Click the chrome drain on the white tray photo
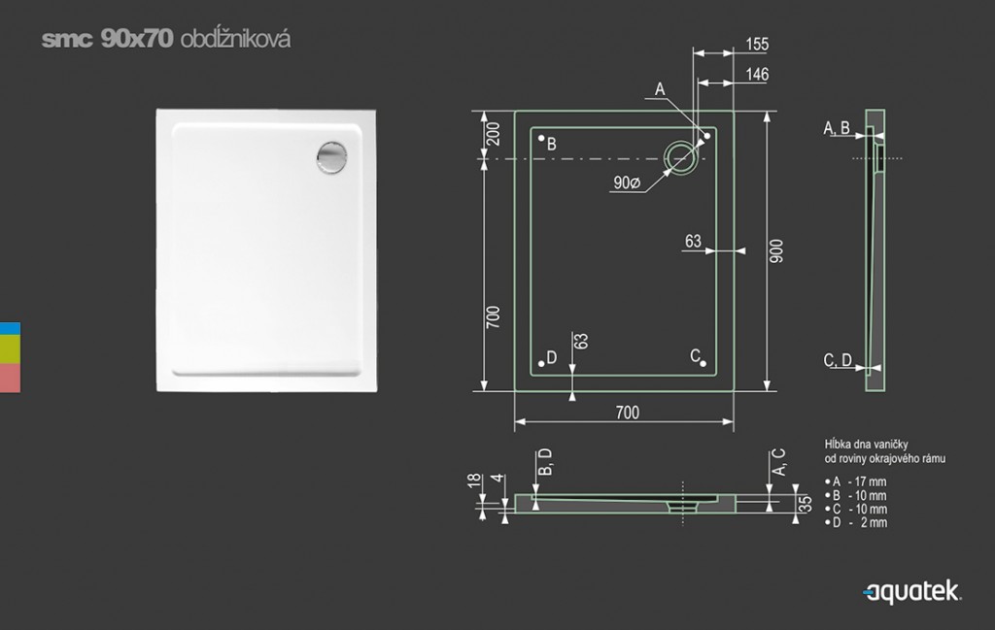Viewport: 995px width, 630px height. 332,157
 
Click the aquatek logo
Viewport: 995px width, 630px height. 911,592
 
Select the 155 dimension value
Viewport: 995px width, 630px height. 757,45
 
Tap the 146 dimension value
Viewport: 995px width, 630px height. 757,74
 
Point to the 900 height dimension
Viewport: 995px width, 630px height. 776,251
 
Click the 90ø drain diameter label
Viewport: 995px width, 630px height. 627,183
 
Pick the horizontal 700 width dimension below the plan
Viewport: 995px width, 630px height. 628,413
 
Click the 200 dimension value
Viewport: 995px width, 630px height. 493,134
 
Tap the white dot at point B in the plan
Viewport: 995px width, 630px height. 541,138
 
